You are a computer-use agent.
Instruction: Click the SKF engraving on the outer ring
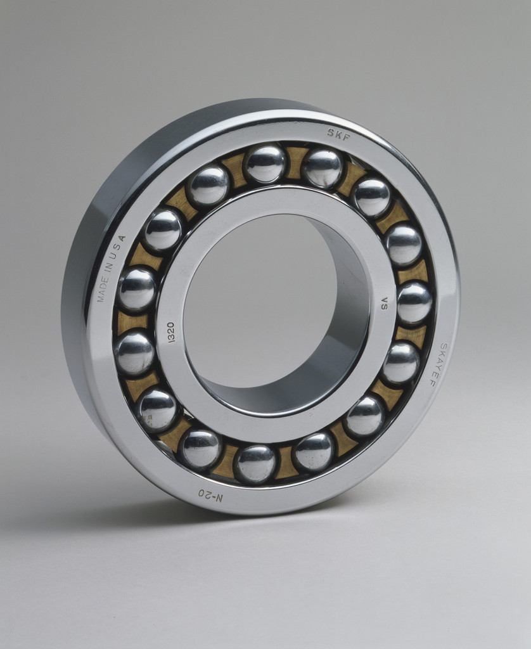click(x=339, y=133)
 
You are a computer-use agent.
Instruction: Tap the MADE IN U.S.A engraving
click(x=112, y=268)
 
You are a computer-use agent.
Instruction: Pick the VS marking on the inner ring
click(x=384, y=303)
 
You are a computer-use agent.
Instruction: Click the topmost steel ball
click(x=265, y=164)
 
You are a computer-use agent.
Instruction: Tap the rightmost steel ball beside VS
click(x=414, y=302)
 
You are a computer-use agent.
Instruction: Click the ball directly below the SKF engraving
click(x=322, y=167)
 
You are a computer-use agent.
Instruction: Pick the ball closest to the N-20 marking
click(x=200, y=448)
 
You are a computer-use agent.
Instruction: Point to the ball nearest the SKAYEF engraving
click(x=400, y=363)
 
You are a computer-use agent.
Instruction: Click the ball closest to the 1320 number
click(x=135, y=352)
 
